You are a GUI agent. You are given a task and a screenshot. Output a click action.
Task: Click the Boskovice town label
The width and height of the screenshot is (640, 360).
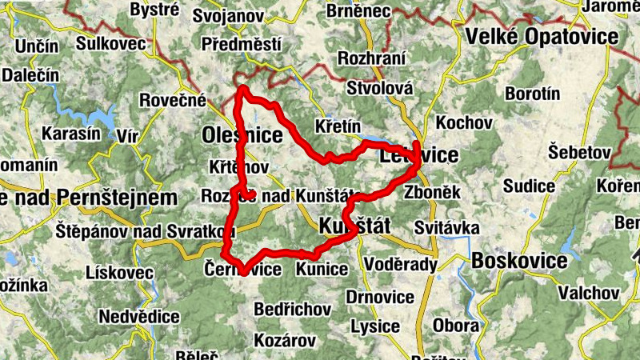(520, 261)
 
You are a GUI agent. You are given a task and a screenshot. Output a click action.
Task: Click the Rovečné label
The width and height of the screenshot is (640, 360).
(172, 101)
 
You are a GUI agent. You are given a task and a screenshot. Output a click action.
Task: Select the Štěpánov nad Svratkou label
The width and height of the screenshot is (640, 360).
(144, 231)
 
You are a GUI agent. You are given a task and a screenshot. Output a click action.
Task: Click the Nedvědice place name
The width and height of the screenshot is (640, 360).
(138, 316)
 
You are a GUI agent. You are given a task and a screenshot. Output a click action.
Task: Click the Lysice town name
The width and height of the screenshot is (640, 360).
(375, 326)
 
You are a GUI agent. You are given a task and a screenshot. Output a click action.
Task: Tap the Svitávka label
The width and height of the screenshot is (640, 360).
(446, 229)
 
